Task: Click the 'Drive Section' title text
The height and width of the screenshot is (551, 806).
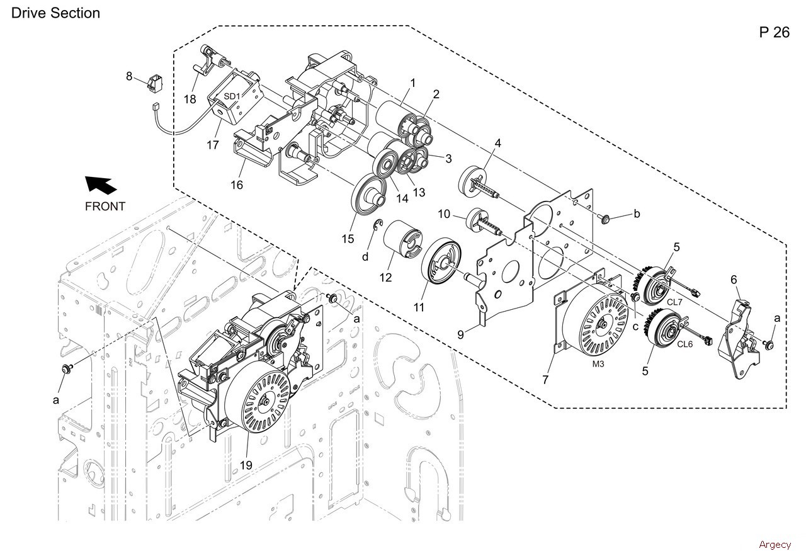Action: pyautogui.click(x=55, y=13)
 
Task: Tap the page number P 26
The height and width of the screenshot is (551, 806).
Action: pyautogui.click(x=775, y=32)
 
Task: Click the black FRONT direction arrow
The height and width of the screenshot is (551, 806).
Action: pyautogui.click(x=100, y=185)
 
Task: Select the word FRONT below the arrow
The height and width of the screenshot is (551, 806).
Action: pyautogui.click(x=105, y=206)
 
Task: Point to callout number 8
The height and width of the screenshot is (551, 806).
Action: pyautogui.click(x=129, y=76)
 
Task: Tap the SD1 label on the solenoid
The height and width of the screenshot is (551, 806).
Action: pyautogui.click(x=232, y=96)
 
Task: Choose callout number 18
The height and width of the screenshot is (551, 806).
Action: pyautogui.click(x=190, y=99)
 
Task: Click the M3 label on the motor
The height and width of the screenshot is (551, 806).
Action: pyautogui.click(x=598, y=364)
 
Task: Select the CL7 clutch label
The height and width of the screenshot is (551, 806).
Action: pyautogui.click(x=674, y=302)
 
